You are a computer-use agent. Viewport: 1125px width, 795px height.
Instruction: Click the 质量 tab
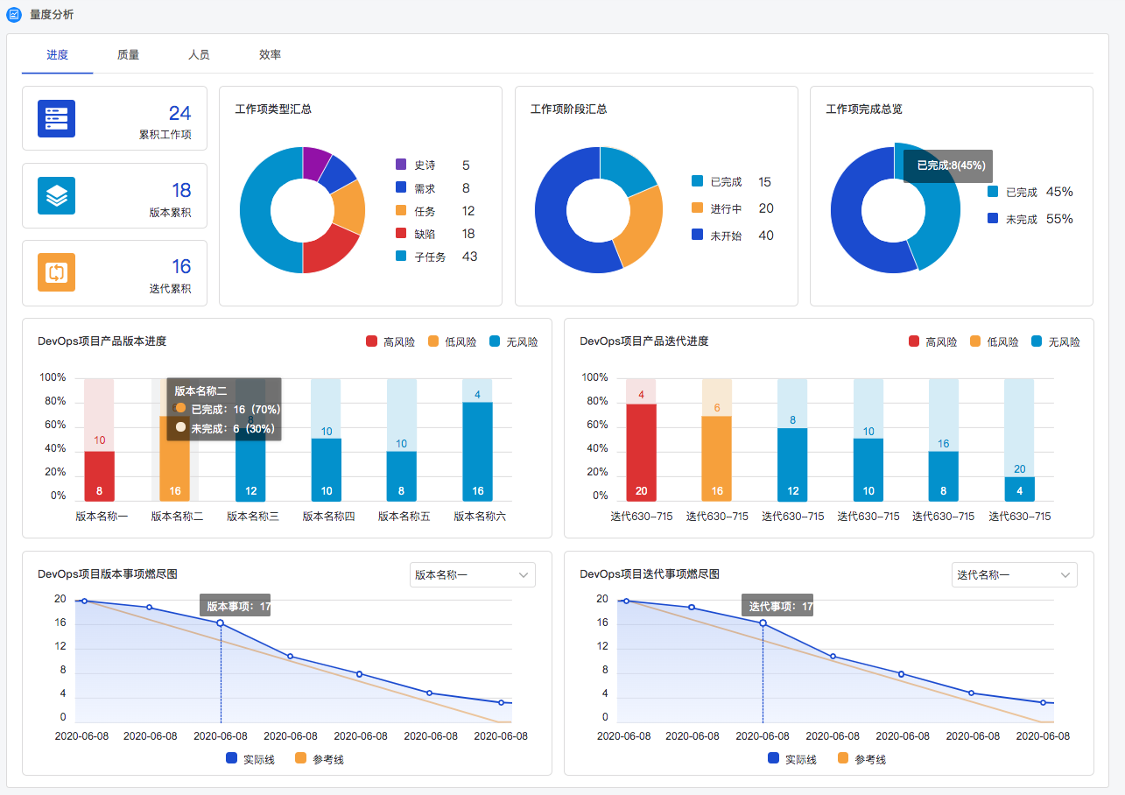tap(128, 55)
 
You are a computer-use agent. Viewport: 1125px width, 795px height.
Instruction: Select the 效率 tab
tap(270, 55)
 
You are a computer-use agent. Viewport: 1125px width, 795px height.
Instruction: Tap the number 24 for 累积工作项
tap(179, 113)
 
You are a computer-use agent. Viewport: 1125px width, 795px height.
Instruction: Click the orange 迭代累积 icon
tap(56, 272)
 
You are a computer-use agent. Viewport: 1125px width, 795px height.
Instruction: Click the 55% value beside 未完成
tap(1059, 219)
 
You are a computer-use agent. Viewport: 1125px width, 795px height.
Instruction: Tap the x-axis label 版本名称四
tap(328, 517)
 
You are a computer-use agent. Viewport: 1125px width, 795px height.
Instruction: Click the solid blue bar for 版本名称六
tap(477, 451)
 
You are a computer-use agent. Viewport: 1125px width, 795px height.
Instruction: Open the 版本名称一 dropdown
tap(472, 575)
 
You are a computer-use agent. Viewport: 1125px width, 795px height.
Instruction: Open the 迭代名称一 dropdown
tap(1014, 575)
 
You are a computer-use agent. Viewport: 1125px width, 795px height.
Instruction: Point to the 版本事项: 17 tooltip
tap(236, 606)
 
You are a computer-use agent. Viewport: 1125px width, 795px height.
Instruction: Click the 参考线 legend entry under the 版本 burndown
tap(320, 759)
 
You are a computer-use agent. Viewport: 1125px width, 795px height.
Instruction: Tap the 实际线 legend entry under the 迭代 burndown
tap(791, 759)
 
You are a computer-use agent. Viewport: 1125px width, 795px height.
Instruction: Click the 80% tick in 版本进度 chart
tap(53, 402)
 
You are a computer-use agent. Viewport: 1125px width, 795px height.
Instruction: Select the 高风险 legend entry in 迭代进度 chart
tap(932, 342)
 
